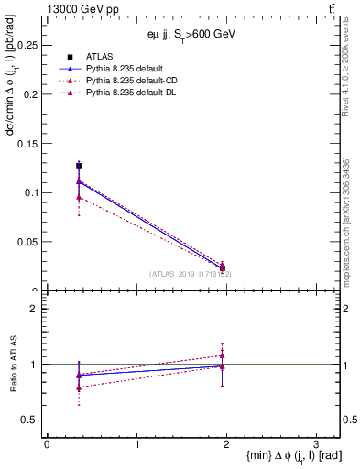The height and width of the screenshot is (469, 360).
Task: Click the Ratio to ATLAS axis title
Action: coord(12,365)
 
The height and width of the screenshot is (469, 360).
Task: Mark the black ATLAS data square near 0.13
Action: coord(79,166)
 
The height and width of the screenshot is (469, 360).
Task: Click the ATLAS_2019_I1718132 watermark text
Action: coord(191,274)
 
